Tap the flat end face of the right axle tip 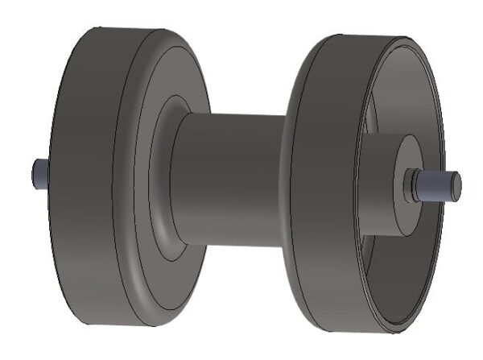coord(455,185)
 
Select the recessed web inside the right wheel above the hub coord(394,97)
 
